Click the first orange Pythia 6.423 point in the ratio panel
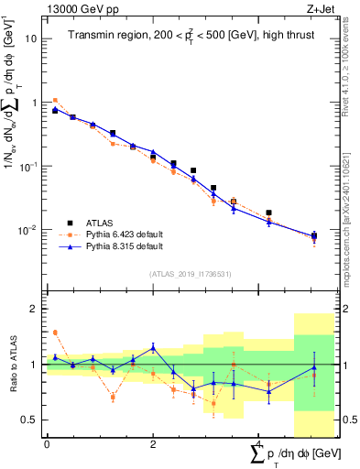(55, 333)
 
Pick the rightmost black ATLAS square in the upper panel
(314, 236)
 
